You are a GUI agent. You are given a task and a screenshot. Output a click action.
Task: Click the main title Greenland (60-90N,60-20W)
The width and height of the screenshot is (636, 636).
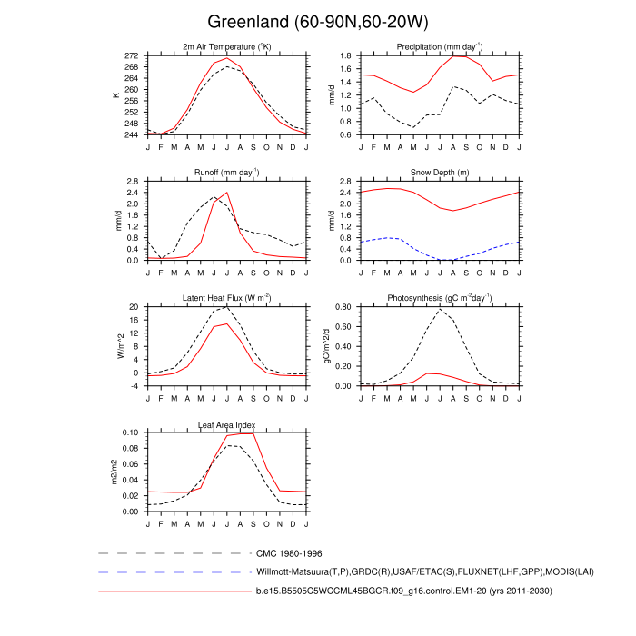[x=317, y=21]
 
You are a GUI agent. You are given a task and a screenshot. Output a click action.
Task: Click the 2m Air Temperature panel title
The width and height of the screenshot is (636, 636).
[x=226, y=46]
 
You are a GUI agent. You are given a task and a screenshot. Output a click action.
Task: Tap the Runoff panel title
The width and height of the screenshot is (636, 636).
[x=226, y=172]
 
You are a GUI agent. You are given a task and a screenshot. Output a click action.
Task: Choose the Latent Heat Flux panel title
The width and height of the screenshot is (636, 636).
[x=226, y=297]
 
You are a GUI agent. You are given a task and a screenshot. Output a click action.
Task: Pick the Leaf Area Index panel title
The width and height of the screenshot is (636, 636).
[x=226, y=424]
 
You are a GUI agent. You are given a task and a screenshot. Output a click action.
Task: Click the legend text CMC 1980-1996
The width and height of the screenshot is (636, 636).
[x=290, y=552]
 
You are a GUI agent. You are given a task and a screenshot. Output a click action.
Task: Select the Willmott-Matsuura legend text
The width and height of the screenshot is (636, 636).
[x=403, y=572]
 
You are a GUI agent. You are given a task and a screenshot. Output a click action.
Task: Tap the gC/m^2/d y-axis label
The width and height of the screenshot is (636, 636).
[x=327, y=346]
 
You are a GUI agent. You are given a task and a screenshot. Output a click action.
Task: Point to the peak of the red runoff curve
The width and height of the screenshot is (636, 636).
[x=227, y=193]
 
